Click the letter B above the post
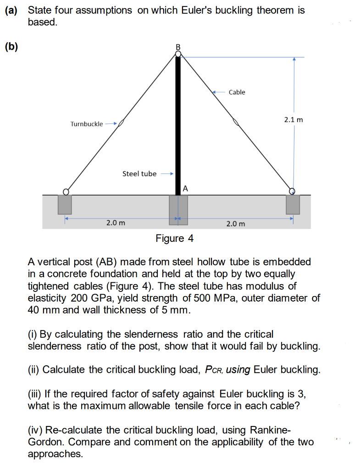click(178, 47)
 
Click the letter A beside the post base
click(185, 188)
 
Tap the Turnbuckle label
click(87, 124)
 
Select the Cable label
click(237, 92)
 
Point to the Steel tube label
click(139, 173)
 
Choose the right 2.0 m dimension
click(236, 224)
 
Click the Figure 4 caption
click(175, 239)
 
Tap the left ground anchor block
click(65, 204)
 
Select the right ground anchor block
click(293, 204)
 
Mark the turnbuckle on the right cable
click(236, 122)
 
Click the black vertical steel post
click(178, 124)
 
